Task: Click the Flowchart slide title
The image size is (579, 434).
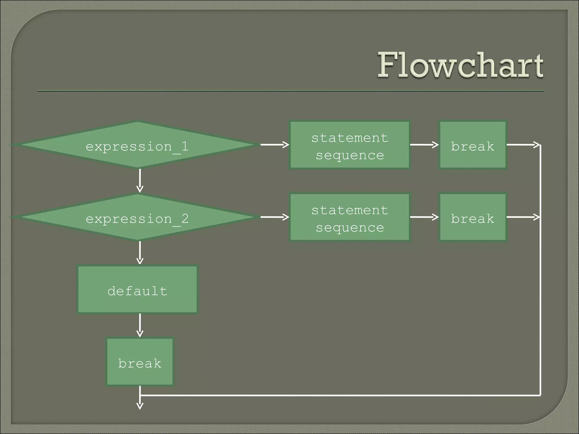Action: tap(460, 66)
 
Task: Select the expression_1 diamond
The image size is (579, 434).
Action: tap(137, 145)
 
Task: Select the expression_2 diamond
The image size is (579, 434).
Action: tap(137, 217)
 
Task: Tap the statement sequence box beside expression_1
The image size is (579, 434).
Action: tap(350, 145)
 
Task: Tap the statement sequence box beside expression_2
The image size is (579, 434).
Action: tap(350, 217)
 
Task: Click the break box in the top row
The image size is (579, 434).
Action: tap(473, 145)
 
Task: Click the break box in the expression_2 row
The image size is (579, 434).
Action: tap(473, 217)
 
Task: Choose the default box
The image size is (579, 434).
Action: tap(137, 290)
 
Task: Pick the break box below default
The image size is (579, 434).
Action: tap(140, 362)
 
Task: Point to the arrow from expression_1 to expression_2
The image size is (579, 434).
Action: tap(140, 181)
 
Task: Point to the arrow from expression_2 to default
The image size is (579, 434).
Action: tap(140, 253)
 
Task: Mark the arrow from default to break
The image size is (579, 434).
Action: tap(140, 325)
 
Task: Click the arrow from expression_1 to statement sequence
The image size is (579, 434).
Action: tap(274, 145)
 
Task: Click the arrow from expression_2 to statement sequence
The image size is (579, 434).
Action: tap(274, 217)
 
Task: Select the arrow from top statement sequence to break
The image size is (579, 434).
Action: tap(424, 145)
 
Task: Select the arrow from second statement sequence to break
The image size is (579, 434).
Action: tap(424, 217)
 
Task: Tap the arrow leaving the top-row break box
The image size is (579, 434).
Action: tap(523, 145)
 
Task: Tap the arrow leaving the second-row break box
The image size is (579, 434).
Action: tap(523, 217)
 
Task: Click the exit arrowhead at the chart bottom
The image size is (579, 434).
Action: tap(140, 406)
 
